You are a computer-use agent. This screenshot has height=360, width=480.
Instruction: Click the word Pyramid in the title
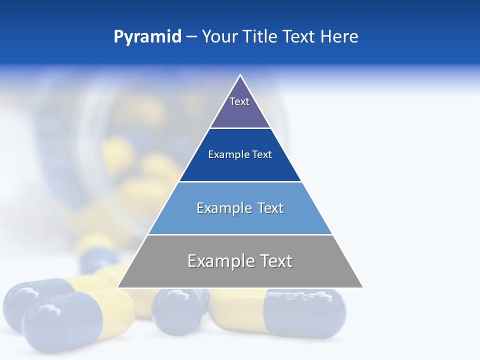click(x=147, y=36)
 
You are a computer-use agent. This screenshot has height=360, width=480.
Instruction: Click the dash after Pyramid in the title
click(x=191, y=37)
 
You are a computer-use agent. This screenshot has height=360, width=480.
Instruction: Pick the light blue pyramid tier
click(x=240, y=220)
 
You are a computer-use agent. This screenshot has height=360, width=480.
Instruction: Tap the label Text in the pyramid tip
click(x=239, y=101)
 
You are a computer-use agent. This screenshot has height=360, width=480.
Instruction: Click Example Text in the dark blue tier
click(x=240, y=154)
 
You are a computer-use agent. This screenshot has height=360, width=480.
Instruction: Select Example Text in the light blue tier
click(x=240, y=208)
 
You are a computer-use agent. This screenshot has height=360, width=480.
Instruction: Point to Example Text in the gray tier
click(x=240, y=261)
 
